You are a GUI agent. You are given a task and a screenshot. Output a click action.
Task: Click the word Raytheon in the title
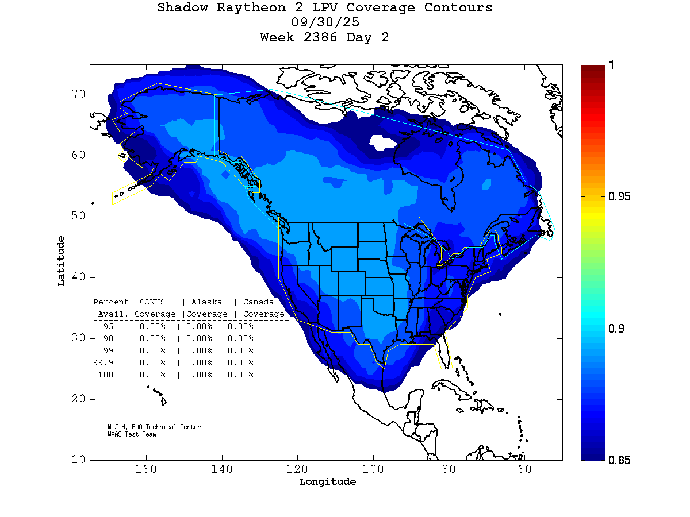243,8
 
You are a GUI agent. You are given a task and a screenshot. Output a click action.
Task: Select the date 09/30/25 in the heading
325,23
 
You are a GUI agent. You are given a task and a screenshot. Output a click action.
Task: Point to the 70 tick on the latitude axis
79,94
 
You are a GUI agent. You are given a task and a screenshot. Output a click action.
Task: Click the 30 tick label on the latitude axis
79,338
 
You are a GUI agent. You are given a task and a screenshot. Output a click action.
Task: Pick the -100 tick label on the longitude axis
373,469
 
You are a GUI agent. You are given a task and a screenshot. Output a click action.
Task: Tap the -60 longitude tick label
524,469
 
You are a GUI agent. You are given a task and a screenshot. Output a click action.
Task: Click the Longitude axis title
327,482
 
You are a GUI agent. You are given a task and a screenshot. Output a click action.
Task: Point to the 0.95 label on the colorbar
619,197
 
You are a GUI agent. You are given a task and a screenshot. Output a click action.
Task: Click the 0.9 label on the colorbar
616,329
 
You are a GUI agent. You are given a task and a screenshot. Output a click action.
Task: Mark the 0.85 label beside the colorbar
619,460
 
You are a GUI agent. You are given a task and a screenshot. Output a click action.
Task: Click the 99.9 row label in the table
104,362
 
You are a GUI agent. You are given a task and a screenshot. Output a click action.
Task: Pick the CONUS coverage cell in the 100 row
152,375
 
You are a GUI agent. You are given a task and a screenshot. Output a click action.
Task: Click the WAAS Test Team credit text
132,434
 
